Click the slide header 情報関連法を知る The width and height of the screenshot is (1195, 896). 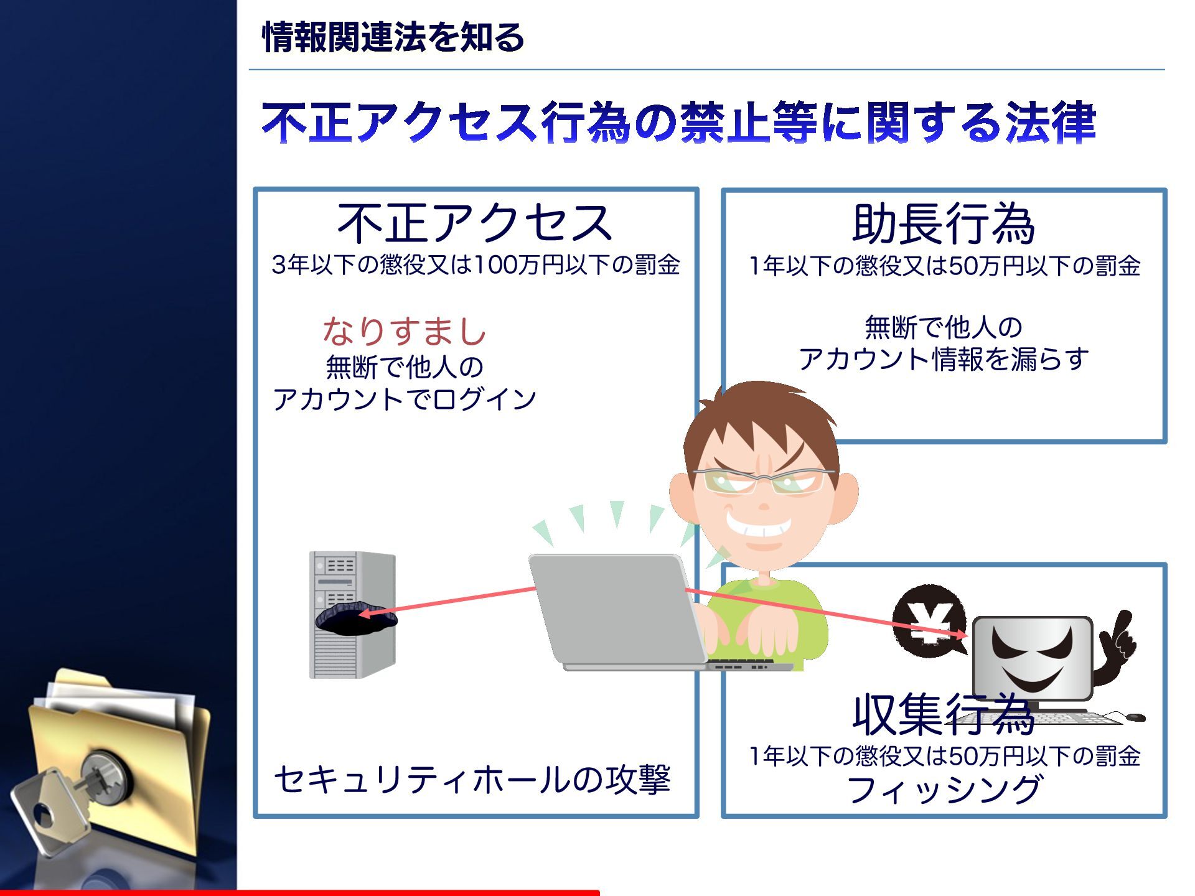tap(393, 37)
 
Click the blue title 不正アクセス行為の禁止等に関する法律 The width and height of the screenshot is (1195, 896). tap(678, 122)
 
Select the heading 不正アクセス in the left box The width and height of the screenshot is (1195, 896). tap(474, 223)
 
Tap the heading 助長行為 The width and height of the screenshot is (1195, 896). tap(943, 225)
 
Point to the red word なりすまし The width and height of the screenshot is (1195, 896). tap(405, 330)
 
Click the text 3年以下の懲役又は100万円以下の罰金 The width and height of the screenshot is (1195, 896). tap(476, 265)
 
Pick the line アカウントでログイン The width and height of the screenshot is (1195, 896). tap(405, 399)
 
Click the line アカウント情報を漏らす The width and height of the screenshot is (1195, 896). tap(944, 359)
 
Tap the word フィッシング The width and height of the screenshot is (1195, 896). tap(944, 790)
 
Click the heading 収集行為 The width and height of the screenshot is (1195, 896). tap(943, 715)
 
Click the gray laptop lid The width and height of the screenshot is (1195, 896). tap(616, 607)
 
